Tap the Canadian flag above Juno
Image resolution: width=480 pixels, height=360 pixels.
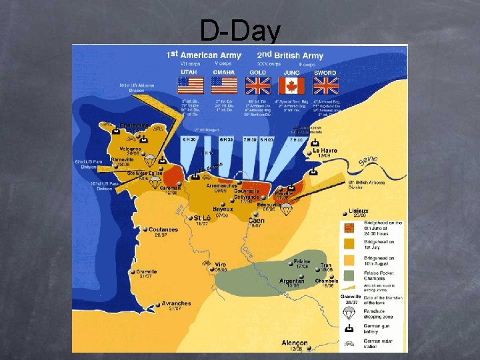coord(291,85)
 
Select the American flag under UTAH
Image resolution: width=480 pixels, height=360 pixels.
coord(189,85)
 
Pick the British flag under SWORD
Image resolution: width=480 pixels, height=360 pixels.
coord(325,85)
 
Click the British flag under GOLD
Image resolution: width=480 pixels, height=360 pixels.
coord(258,85)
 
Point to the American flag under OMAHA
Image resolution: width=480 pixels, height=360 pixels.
coord(224,85)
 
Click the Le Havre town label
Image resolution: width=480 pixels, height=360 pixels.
coord(325,151)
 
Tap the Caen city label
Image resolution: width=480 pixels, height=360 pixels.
coord(256,221)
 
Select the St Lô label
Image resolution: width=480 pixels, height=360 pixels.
coord(202,218)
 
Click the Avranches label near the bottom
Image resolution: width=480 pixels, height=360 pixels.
coord(176,303)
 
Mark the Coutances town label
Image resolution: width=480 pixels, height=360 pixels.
coord(163,229)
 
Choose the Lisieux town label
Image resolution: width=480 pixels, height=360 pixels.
coord(359,211)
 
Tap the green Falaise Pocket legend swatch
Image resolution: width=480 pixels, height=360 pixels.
coord(349,276)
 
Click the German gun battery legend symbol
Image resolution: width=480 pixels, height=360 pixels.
coord(349,329)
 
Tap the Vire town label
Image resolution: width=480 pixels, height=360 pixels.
coord(220,264)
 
